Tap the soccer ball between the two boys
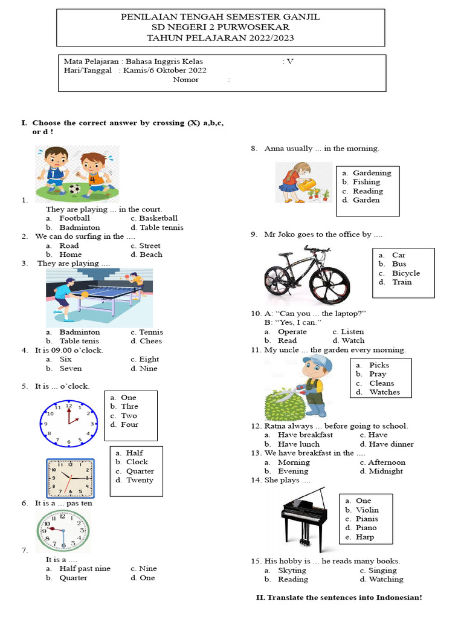click(x=74, y=189)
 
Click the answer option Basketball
click(x=158, y=218)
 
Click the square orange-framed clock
click(x=71, y=478)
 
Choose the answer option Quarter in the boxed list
click(x=140, y=471)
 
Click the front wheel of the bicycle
click(x=329, y=282)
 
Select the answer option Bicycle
click(x=405, y=273)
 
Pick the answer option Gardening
click(x=372, y=173)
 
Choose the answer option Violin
click(x=367, y=510)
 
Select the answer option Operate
click(x=292, y=331)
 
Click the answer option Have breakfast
click(x=305, y=435)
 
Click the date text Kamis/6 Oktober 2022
click(x=164, y=70)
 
